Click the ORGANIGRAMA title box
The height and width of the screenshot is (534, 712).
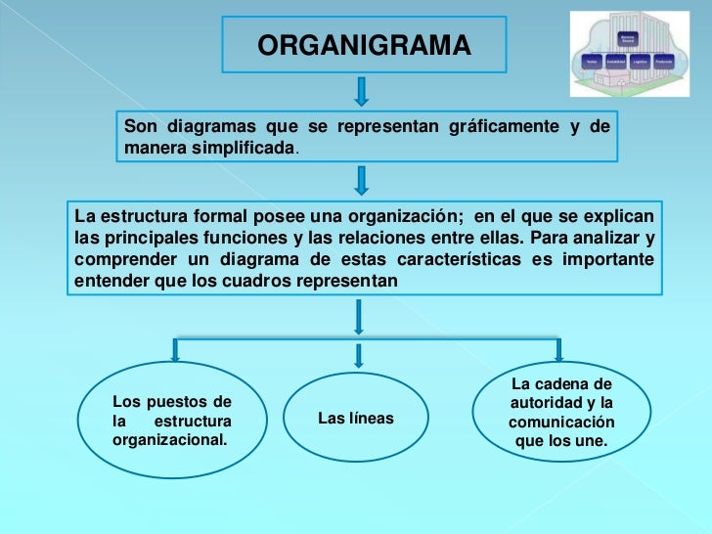364,45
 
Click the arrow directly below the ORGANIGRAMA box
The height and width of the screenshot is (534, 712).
362,90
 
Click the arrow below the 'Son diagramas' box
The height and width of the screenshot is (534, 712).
362,180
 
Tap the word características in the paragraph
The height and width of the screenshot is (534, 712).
459,259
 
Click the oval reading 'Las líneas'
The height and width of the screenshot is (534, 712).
356,419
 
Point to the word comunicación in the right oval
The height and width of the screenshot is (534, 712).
561,423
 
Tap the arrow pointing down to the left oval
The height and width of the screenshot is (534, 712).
176,349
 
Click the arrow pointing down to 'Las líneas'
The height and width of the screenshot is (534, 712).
359,355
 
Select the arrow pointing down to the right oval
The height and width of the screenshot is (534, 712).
558,349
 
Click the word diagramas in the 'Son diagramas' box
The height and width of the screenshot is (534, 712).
211,127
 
